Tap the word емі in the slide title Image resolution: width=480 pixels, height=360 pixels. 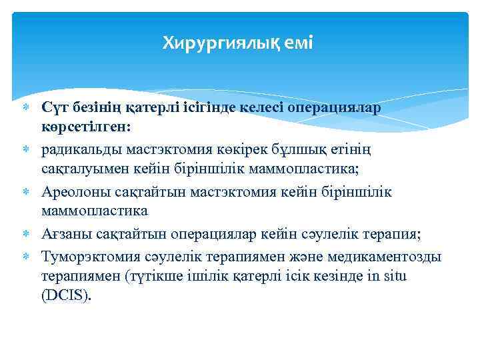point(298,43)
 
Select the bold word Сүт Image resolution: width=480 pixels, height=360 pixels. point(55,108)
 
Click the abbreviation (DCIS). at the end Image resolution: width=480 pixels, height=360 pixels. point(65,295)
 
